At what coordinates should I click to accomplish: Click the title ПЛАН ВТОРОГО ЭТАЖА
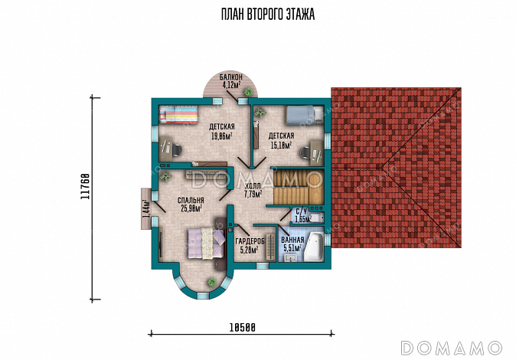tap(267, 15)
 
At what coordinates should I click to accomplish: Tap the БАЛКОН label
tap(231, 77)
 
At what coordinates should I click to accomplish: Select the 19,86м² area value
tap(222, 136)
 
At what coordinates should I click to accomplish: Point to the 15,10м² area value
tap(281, 145)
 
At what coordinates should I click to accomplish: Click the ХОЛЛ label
tap(253, 186)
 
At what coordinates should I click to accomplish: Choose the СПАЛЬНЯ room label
tap(191, 200)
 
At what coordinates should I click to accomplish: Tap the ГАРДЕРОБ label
tap(250, 242)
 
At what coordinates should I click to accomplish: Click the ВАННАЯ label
tap(292, 240)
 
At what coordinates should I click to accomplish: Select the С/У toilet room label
tap(301, 211)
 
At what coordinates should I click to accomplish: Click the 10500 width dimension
tap(243, 327)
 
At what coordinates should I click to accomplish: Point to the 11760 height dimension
tap(85, 186)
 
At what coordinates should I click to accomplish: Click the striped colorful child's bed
tap(178, 114)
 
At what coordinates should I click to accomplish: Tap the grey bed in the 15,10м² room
tap(305, 116)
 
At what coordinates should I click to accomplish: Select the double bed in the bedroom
tap(207, 244)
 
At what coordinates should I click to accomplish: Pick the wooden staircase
tap(299, 188)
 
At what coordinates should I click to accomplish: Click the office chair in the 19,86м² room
tap(176, 149)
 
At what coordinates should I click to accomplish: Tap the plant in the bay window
tap(211, 283)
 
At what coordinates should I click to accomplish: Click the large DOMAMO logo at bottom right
tap(451, 348)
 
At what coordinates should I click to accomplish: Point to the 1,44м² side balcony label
tap(145, 208)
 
